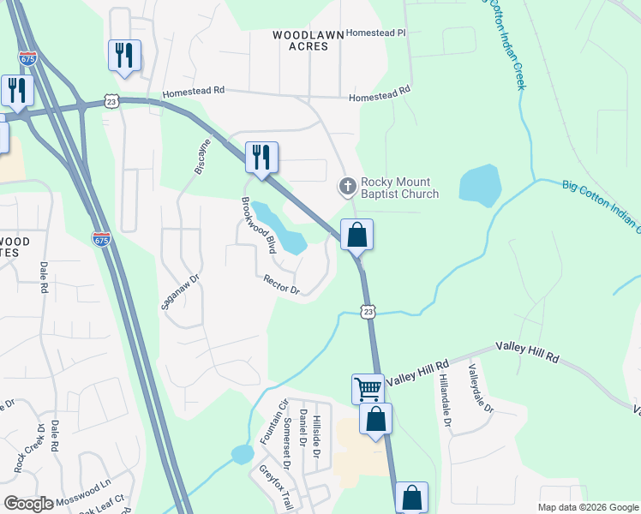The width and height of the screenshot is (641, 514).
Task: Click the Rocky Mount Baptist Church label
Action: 399,188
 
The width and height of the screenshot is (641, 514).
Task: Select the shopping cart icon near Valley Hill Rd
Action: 368,389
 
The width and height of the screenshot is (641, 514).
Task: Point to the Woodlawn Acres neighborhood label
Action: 308,40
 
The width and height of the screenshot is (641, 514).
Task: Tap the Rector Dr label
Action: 281,284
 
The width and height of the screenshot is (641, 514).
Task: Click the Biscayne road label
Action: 202,156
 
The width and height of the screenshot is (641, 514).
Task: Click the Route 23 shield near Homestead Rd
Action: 111,101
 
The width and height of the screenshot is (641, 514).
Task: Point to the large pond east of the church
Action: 480,186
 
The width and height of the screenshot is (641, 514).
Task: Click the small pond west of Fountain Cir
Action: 242,454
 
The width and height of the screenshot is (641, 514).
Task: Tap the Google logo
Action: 28,504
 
